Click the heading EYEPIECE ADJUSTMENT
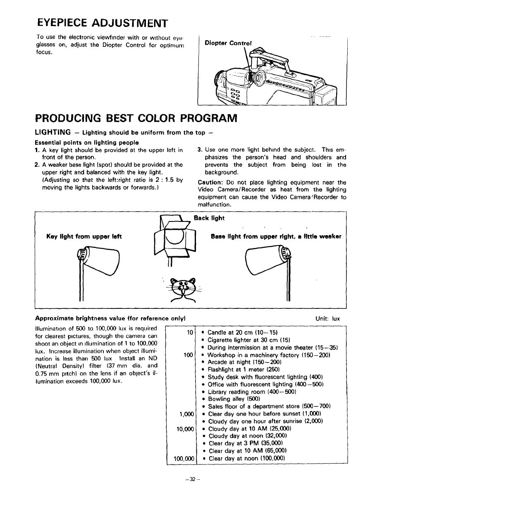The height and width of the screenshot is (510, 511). pos(102,22)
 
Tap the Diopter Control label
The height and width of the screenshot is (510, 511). pos(228,43)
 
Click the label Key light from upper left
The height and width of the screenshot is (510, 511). pos(84,237)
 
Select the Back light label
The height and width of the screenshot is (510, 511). pos(209,218)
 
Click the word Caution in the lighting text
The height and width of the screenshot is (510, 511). pos(211,183)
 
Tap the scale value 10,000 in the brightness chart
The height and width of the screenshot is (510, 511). pos(185,429)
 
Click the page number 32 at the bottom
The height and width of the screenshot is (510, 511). pos(193,479)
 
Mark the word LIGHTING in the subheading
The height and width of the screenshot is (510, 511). pos(53,132)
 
